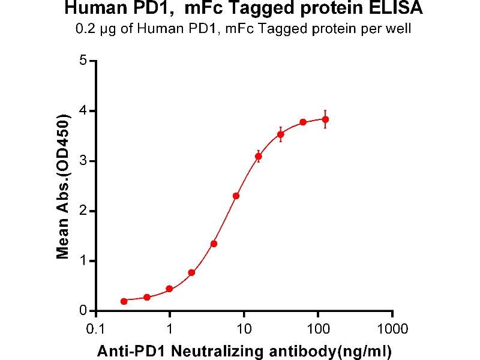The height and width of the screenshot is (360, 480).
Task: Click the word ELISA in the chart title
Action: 401,10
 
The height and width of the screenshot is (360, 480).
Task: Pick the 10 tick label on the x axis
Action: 244,329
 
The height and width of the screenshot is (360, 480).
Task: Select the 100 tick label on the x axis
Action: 318,329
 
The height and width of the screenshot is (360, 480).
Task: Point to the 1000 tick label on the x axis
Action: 392,329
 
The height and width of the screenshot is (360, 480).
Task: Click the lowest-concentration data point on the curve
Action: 124,301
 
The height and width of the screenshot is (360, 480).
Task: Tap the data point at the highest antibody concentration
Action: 325,119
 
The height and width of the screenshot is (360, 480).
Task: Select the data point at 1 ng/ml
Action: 170,289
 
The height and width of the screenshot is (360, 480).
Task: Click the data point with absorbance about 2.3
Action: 236,196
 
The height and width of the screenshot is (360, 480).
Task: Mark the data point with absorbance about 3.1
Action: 259,156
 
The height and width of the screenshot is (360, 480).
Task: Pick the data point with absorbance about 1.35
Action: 214,244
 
